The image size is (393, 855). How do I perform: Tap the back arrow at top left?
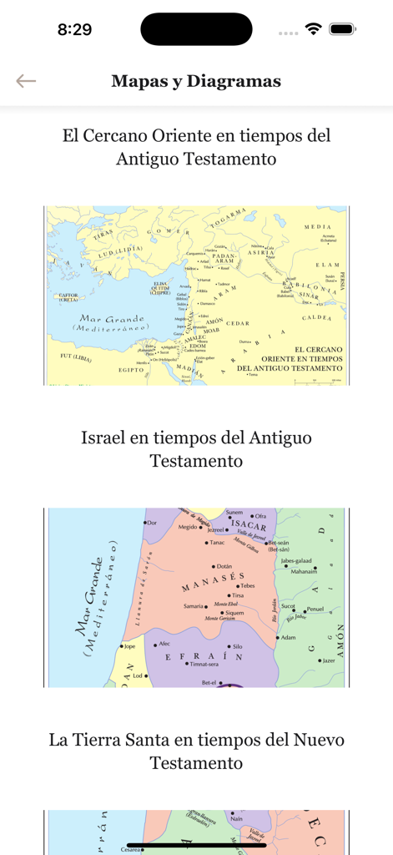coord(26,81)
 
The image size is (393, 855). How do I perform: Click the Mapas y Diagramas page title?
coord(196,81)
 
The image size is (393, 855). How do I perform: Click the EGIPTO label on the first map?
coord(131,369)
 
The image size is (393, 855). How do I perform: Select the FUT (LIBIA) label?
coord(77,357)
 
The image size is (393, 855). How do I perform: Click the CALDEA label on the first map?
coord(316,318)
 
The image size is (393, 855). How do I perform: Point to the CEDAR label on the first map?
coord(239,323)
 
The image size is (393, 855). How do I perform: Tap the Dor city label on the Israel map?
coord(152,523)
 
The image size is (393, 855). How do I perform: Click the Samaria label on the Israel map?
coord(194,605)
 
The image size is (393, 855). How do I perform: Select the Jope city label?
coord(129,645)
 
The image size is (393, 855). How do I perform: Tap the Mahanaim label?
coord(304,572)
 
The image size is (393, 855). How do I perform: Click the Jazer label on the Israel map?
coord(328,660)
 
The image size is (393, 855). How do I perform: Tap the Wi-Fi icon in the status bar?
coord(314,29)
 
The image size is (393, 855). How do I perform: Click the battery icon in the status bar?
coord(342,29)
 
